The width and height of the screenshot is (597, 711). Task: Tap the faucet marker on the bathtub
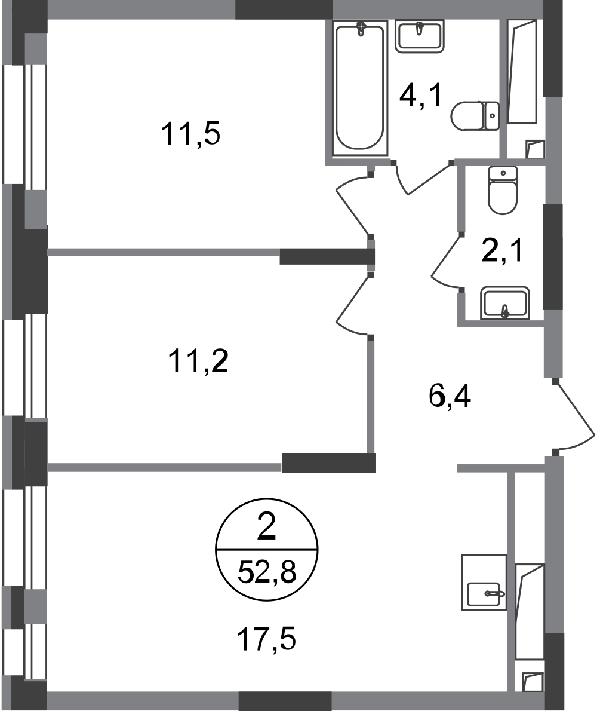pyautogui.click(x=362, y=29)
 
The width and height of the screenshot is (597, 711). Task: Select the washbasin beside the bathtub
pyautogui.click(x=420, y=37)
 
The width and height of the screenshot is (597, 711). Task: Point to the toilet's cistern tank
pyautogui.click(x=503, y=172)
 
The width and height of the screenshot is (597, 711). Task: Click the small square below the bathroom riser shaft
pyautogui.click(x=535, y=148)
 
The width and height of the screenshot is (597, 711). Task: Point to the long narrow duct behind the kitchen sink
pyautogui.click(x=530, y=609)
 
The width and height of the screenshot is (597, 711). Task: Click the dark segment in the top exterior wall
pyautogui.click(x=284, y=10)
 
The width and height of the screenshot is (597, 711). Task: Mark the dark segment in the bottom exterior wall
pyautogui.click(x=285, y=700)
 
